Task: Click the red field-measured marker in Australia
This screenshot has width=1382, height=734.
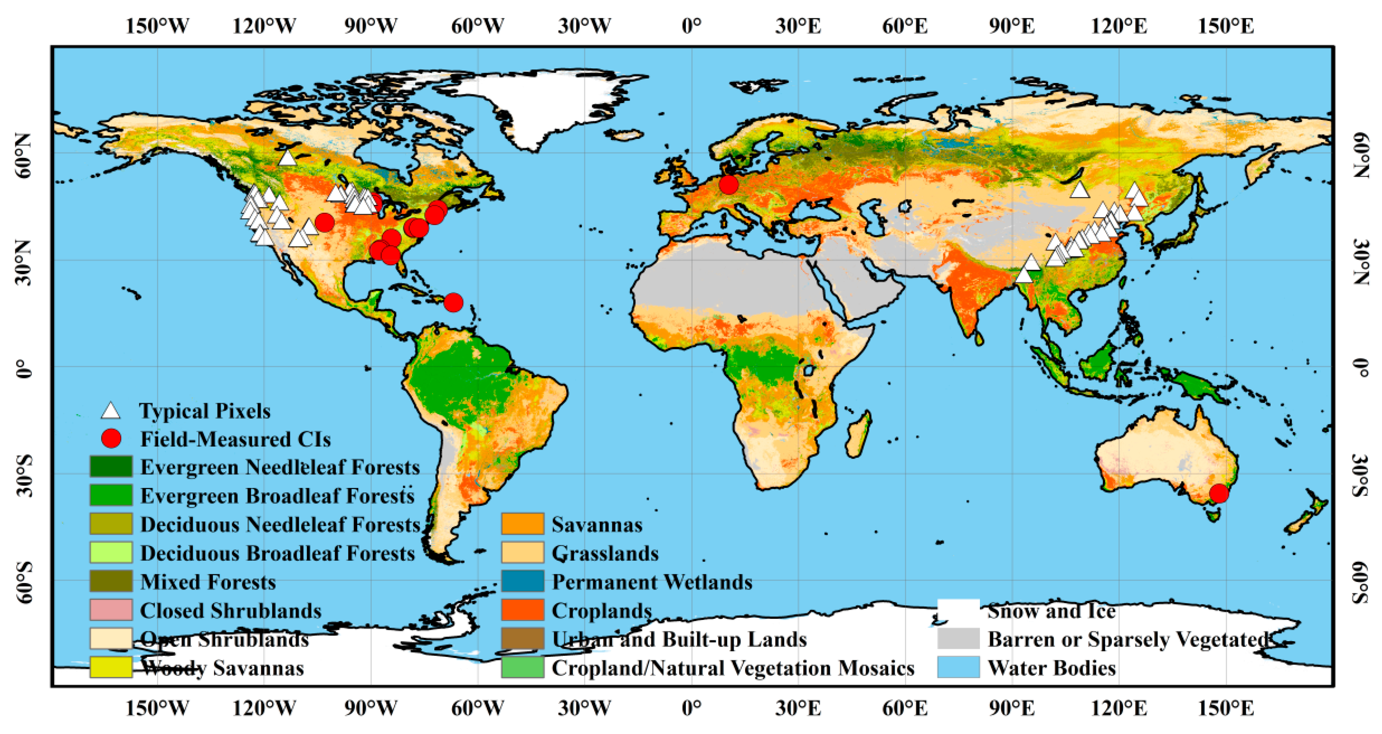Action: pos(1219,493)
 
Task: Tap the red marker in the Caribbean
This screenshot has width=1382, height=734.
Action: pos(453,302)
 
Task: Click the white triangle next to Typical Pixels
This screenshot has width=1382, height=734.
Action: pos(111,411)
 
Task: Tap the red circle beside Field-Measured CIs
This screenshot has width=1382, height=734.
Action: pos(111,439)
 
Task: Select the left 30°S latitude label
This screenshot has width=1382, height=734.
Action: pos(24,476)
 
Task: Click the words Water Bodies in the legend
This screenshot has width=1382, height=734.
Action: pos(1051,668)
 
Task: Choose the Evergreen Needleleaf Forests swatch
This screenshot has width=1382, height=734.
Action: pos(111,466)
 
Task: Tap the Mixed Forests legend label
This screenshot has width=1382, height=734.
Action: pos(207,582)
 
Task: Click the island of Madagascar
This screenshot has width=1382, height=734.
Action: pos(858,435)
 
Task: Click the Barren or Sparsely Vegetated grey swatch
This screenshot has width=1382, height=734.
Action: pos(958,639)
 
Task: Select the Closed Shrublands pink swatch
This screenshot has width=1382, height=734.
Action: pos(111,610)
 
